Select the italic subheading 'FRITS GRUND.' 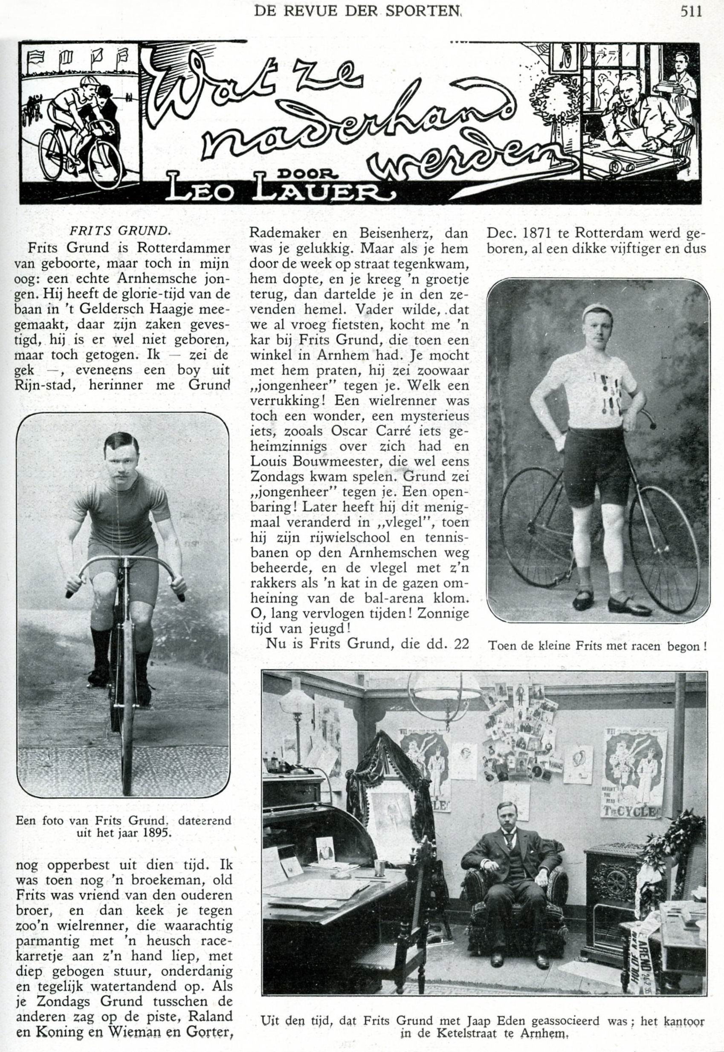pos(120,230)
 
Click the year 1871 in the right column pos(539,234)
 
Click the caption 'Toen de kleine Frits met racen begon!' pos(597,646)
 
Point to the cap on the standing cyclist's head pos(596,312)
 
